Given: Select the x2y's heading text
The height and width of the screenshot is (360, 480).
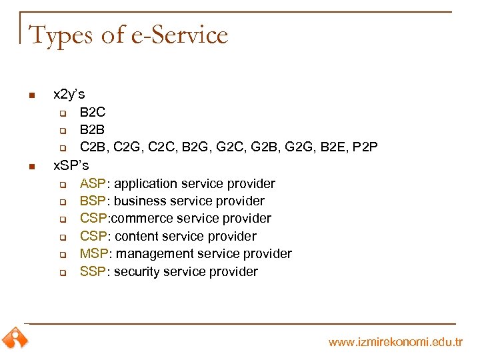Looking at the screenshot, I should point(69,95).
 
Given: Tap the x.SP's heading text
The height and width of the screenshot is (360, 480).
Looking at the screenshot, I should point(71,165).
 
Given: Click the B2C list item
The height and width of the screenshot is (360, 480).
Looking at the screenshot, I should point(93,112).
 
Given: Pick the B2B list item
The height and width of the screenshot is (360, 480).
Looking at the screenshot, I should point(93,129).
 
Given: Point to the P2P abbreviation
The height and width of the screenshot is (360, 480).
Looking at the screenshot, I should point(366,147).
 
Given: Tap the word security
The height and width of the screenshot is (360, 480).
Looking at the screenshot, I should point(138,271).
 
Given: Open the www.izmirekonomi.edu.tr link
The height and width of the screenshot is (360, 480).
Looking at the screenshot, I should point(395,342).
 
